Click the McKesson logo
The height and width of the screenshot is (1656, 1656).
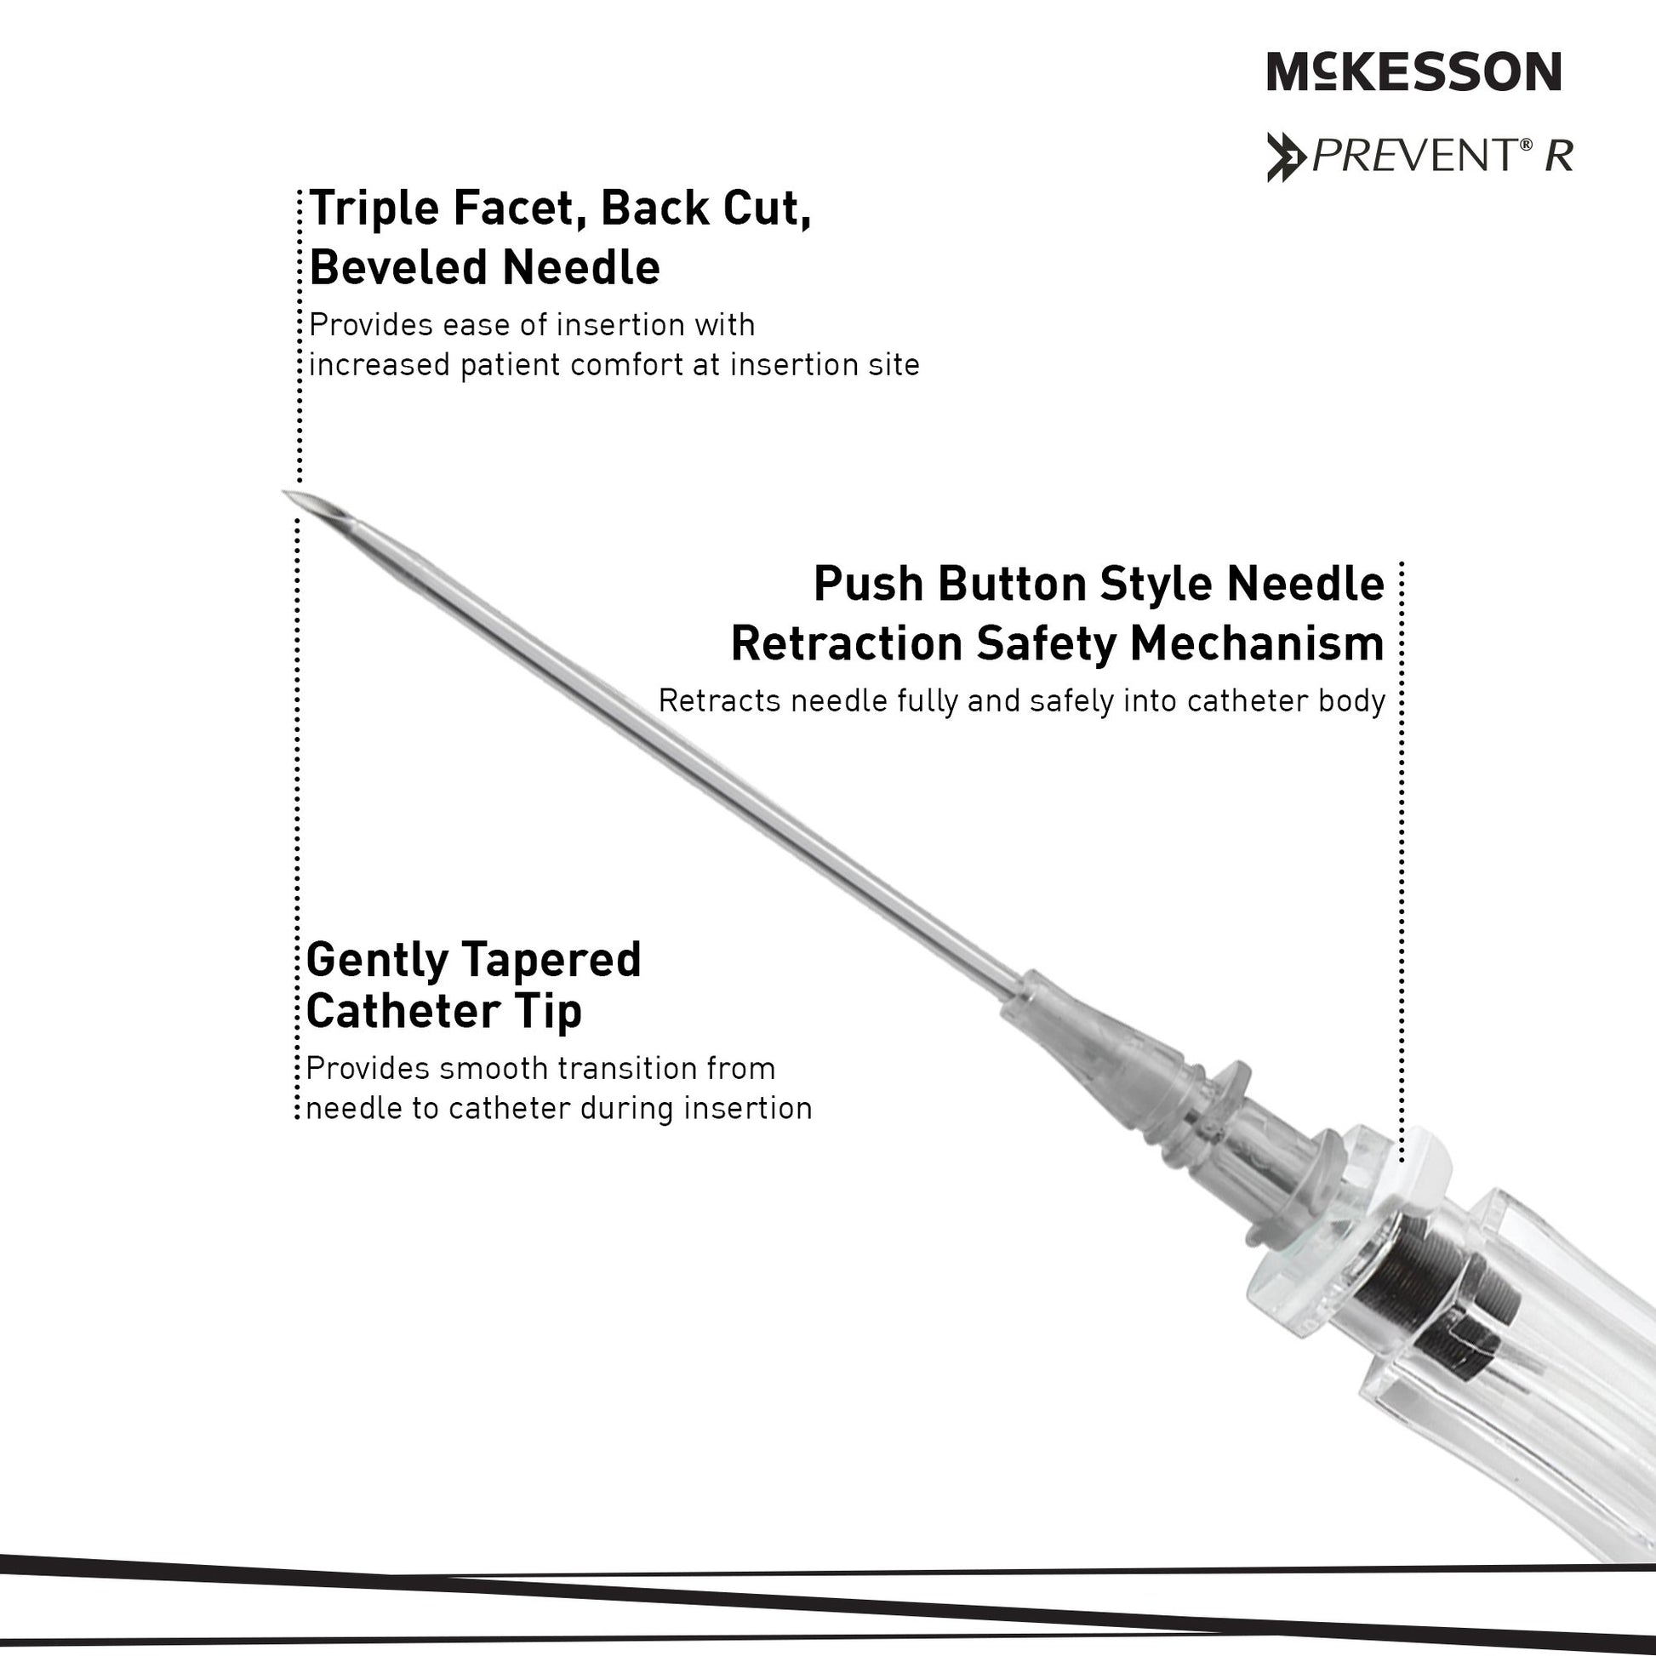[x=1414, y=71]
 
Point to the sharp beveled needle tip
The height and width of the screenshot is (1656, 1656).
[x=285, y=492]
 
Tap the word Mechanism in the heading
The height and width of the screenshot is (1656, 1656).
[x=1257, y=643]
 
